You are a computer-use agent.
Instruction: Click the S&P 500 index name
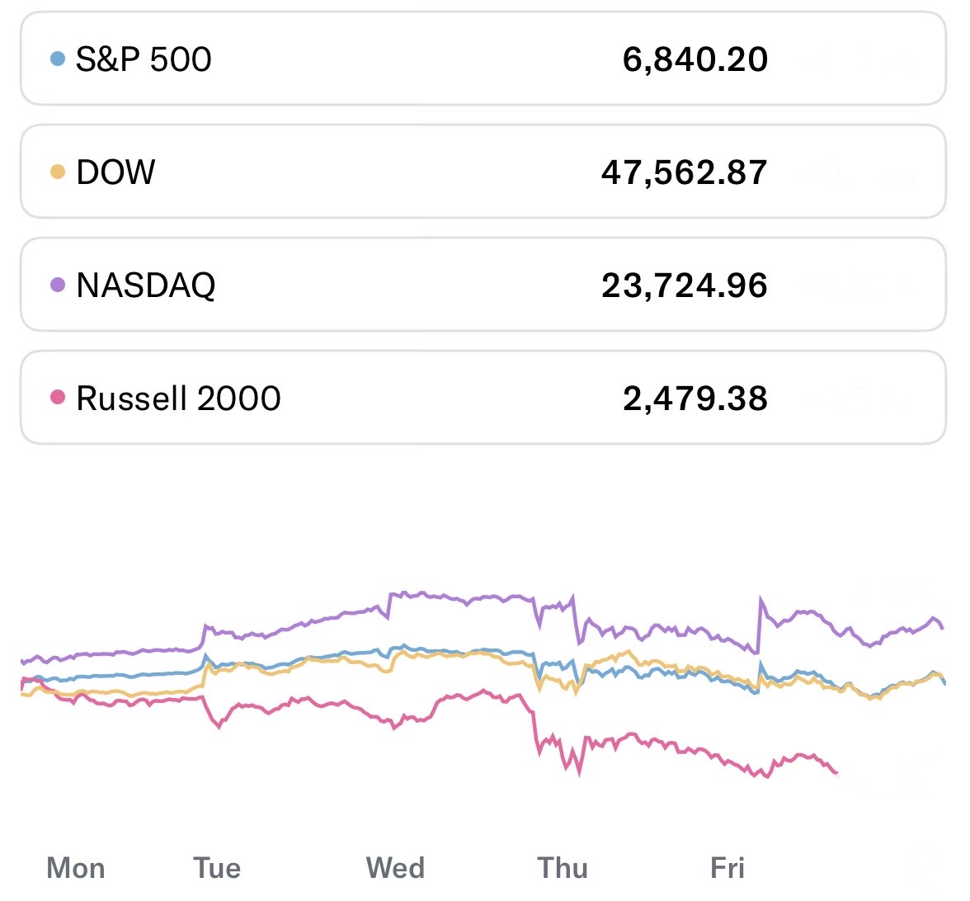[x=144, y=59]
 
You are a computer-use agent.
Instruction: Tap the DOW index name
[x=115, y=172]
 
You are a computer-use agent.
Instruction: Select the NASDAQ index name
[x=146, y=285]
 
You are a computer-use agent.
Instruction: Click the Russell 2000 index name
[x=178, y=399]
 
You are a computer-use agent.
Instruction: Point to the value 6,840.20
[x=695, y=59]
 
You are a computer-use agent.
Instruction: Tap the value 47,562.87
[x=685, y=172]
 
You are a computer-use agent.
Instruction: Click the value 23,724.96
[x=685, y=285]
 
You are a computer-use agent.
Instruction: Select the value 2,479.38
[x=695, y=399]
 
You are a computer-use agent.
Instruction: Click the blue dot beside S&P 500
[x=58, y=59]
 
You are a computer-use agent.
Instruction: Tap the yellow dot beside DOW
[x=58, y=172]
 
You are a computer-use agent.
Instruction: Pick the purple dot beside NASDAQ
[x=58, y=285]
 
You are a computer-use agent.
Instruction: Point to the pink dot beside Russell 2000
[x=58, y=398]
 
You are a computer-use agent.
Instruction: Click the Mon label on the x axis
[x=76, y=868]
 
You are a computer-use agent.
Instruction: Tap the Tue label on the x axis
[x=217, y=868]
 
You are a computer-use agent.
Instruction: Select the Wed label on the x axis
[x=395, y=868]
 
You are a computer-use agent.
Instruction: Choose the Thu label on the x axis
[x=563, y=868]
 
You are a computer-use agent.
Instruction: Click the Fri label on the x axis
[x=727, y=868]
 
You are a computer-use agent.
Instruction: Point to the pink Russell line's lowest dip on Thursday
[x=579, y=774]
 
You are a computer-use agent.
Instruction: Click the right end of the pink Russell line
[x=836, y=772]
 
